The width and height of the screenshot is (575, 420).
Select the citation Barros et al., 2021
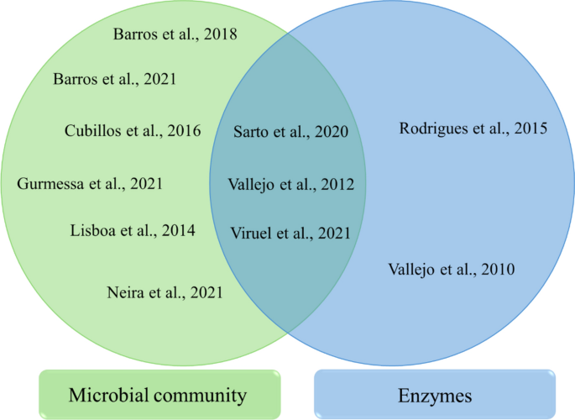click(114, 80)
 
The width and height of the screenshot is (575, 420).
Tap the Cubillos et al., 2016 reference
click(133, 130)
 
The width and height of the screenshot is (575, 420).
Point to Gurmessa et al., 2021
click(90, 183)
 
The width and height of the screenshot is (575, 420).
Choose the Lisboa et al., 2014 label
click(133, 229)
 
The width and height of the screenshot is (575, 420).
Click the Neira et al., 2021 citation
click(165, 292)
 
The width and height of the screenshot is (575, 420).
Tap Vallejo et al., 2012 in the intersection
click(290, 184)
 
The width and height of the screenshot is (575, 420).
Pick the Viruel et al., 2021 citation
click(290, 234)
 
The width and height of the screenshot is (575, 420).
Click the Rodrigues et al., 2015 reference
click(473, 129)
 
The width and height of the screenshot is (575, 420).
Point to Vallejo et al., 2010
click(452, 270)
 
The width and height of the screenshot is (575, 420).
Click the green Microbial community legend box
click(159, 394)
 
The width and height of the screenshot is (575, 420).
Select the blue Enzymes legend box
click(435, 394)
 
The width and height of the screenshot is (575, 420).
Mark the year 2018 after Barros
click(219, 34)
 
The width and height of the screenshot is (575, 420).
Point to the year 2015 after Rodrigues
click(530, 129)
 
